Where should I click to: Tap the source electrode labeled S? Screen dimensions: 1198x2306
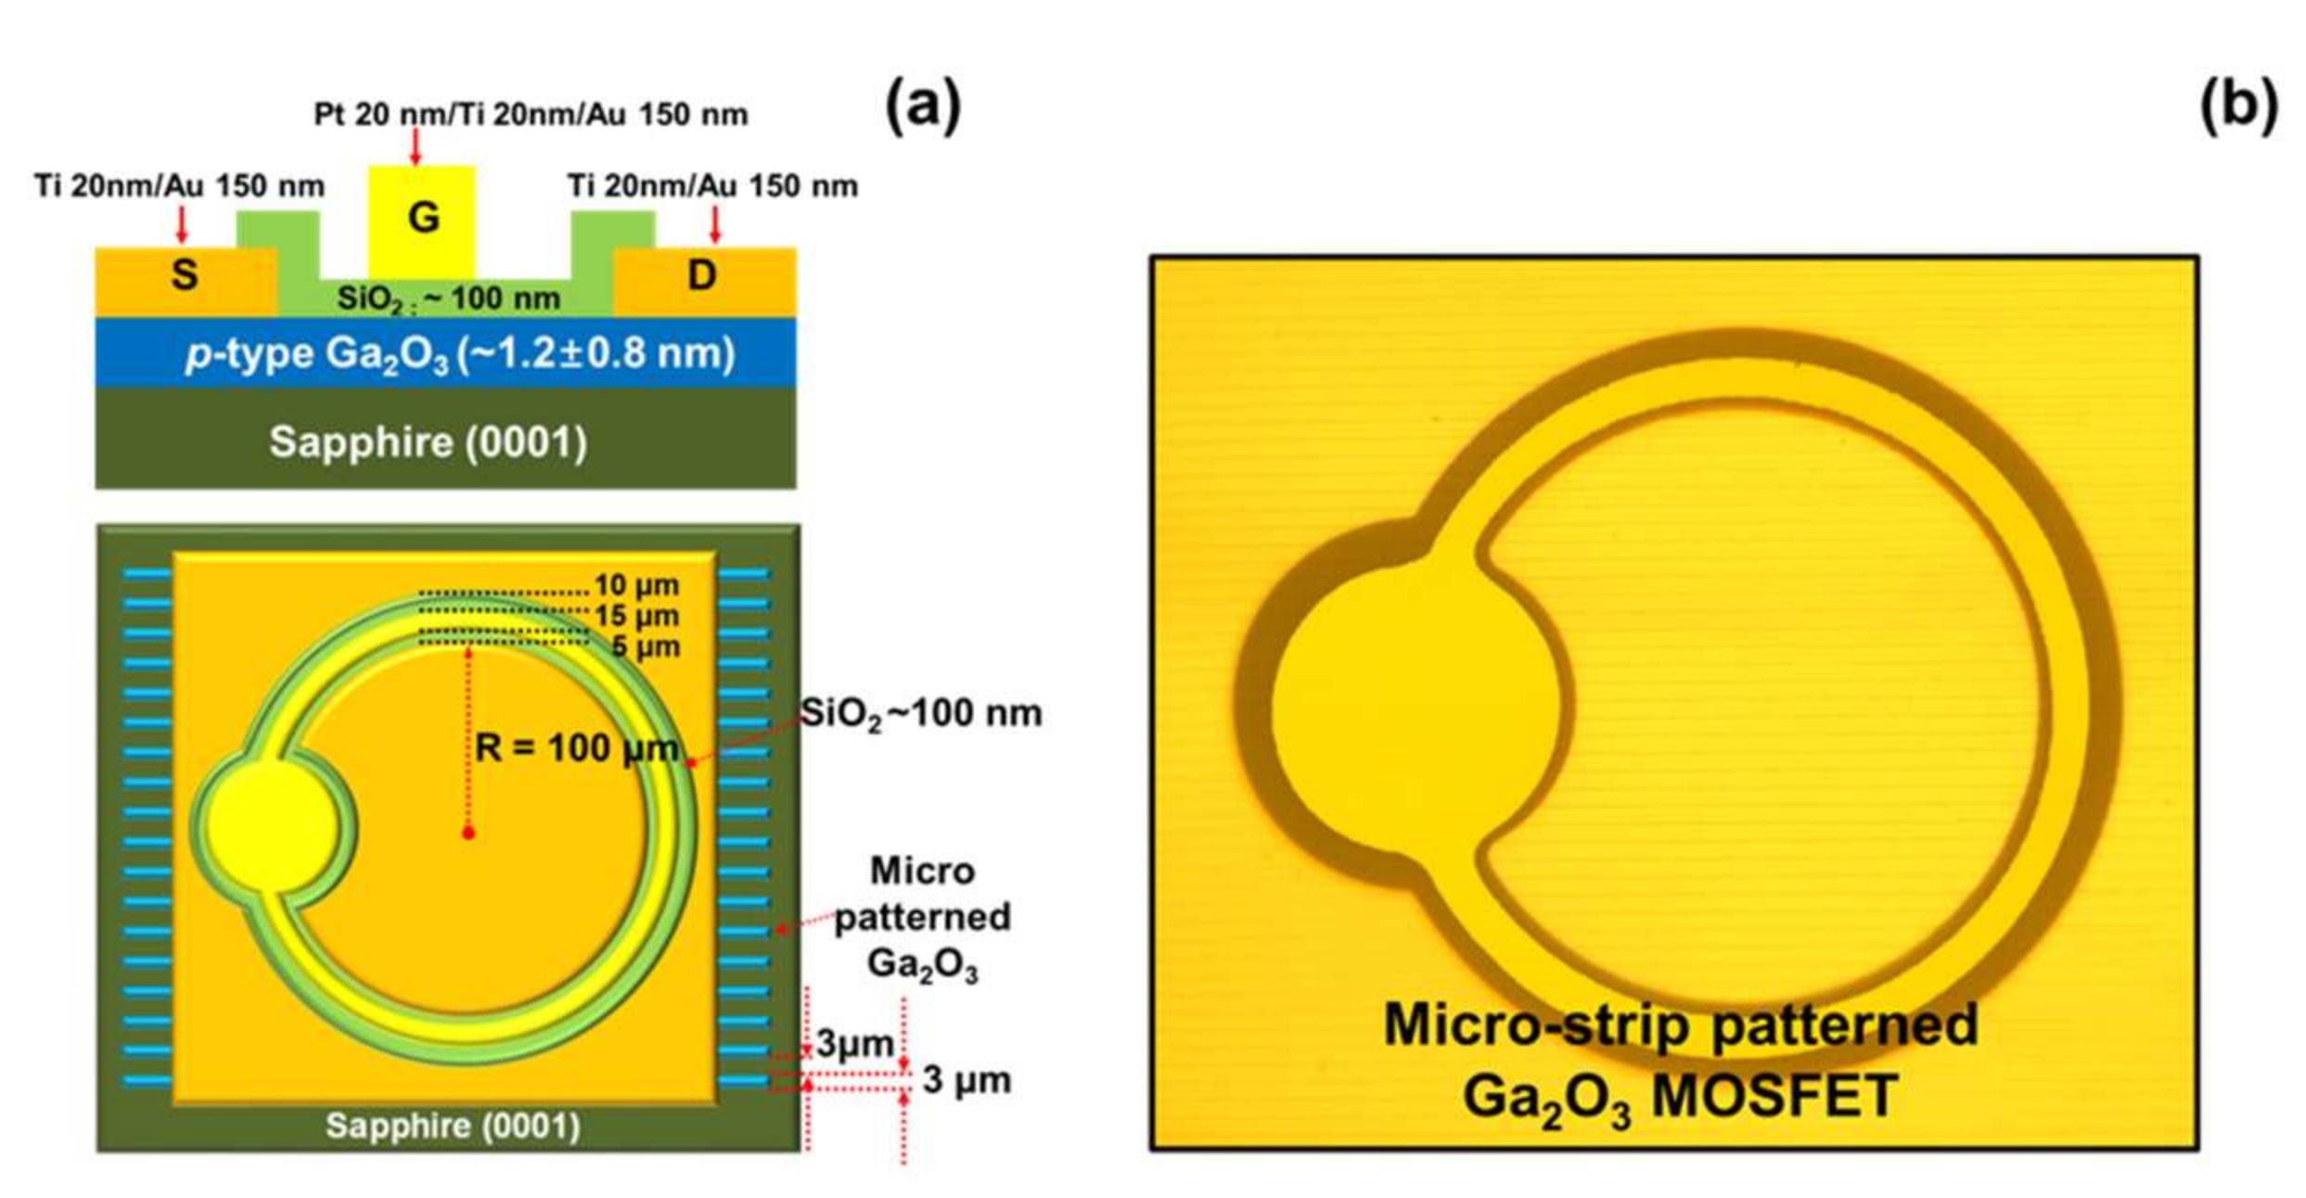coord(185,275)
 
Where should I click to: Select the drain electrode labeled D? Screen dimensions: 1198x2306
coord(702,275)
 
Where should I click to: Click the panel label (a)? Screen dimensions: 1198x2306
coord(923,105)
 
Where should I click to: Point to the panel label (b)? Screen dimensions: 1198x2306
coord(2237,105)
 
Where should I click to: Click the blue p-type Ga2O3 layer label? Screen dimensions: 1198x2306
coord(460,354)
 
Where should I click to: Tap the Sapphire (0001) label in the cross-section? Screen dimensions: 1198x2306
coord(428,442)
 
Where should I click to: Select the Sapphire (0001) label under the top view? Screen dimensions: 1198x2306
coord(453,1126)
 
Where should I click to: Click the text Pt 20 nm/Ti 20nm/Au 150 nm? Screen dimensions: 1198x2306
coord(531,115)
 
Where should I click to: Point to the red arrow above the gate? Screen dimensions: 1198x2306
coord(416,147)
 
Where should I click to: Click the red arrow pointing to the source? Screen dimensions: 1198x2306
coord(182,223)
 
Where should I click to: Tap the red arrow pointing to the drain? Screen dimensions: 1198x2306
coord(714,223)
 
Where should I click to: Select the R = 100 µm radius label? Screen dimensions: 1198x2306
coord(577,747)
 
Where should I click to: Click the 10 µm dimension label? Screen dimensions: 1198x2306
coord(636,585)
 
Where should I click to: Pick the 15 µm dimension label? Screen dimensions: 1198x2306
coord(636,616)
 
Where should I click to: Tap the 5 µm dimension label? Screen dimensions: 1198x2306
coord(646,646)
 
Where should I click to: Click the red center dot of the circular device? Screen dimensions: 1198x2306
coord(468,833)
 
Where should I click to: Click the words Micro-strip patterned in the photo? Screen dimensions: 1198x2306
coord(1681,1025)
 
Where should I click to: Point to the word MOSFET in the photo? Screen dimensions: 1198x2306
coord(1774,1097)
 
